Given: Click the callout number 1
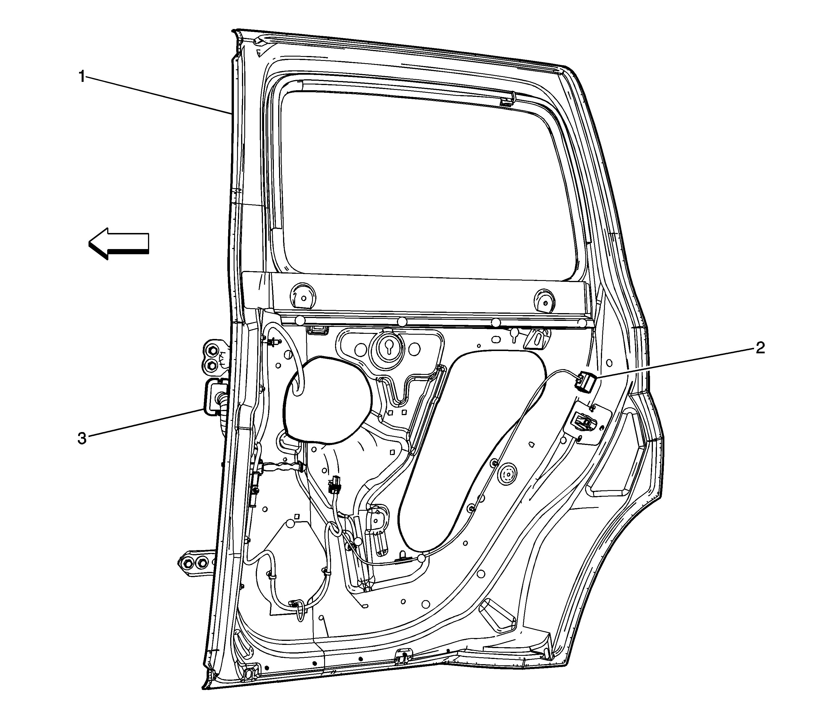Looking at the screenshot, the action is pos(82,76).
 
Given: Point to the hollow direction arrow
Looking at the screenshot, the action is pos(118,244).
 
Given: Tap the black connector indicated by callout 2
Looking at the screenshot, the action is pos(586,381).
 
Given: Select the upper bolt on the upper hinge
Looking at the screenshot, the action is pos(211,352).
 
